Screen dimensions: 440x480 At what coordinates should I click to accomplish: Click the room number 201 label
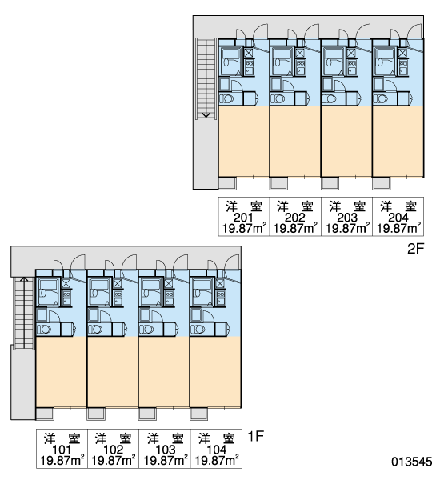point(243,218)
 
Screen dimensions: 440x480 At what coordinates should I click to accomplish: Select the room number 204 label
point(398,218)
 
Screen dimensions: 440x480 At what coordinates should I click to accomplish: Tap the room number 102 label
point(114,450)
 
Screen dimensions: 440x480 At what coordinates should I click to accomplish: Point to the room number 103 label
point(165,450)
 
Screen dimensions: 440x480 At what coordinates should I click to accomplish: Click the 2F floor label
point(415,249)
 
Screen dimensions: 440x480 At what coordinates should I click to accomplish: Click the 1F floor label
point(255,436)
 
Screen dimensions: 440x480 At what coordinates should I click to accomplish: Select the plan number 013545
point(411,462)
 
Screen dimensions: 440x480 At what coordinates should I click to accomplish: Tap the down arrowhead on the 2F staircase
point(206,115)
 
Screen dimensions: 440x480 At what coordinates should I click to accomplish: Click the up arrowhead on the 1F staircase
point(24,279)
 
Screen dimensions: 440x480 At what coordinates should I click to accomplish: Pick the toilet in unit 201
point(227,99)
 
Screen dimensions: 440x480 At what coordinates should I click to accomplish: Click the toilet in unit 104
point(198,330)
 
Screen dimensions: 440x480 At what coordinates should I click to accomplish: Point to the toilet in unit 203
point(330,99)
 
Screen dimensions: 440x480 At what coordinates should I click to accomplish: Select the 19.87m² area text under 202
point(295,228)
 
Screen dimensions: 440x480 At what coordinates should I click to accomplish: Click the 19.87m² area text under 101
point(62,461)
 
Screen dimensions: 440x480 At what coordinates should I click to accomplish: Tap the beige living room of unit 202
point(295,141)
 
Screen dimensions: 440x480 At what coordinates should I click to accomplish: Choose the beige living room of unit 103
point(164,372)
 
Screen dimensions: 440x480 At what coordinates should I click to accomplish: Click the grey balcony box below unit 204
point(382,183)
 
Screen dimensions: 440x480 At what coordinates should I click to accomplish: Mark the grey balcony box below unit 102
point(96,414)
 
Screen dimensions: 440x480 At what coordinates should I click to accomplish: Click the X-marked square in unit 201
point(249,53)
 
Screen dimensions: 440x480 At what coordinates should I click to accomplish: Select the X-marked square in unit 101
point(66,283)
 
